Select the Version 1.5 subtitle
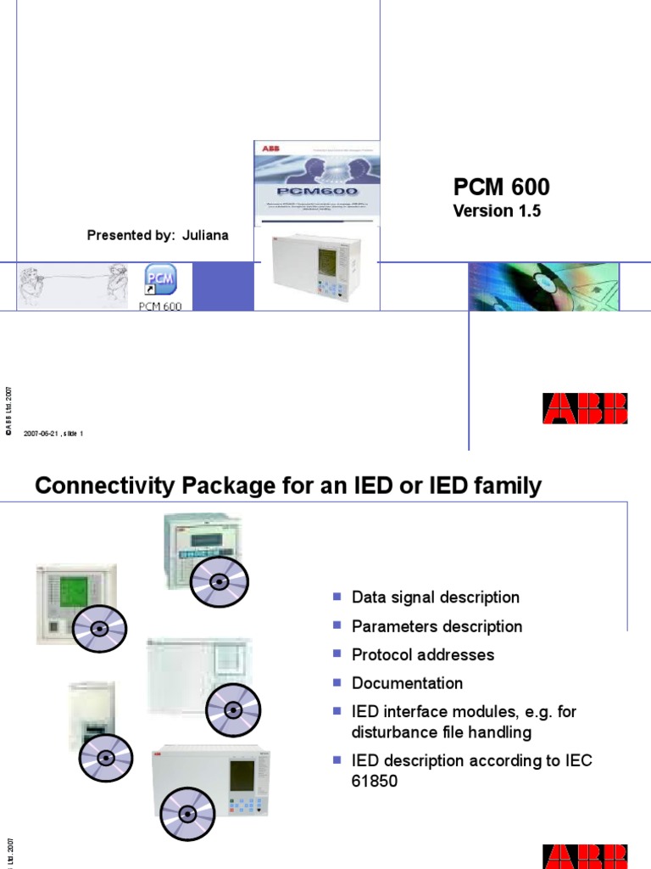[x=497, y=211]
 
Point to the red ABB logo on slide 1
[x=585, y=408]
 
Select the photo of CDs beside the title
[x=544, y=286]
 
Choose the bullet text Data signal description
[x=436, y=597]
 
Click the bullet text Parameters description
[x=437, y=626]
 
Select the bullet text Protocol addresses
[x=423, y=655]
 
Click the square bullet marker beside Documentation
[x=336, y=682]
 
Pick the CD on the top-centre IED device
[x=219, y=582]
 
